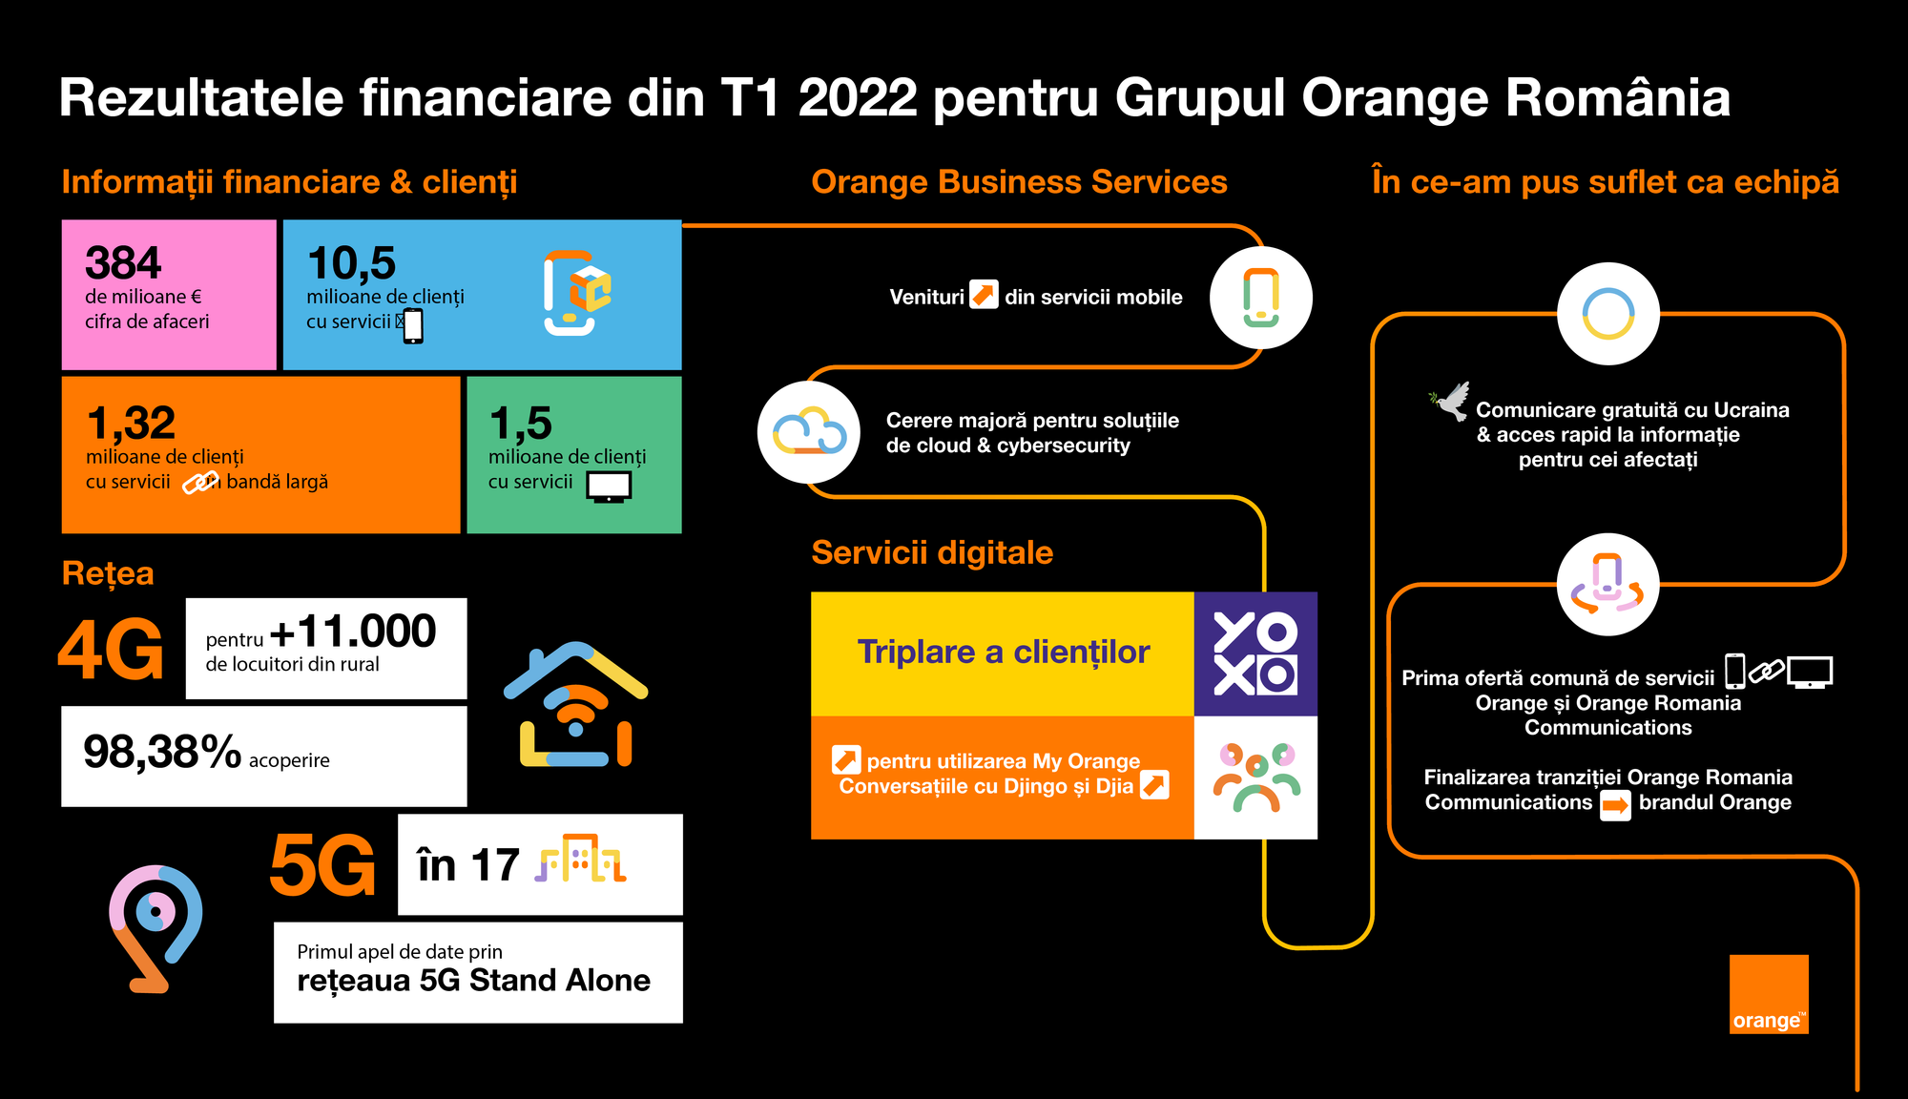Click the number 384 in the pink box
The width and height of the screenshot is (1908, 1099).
(x=123, y=263)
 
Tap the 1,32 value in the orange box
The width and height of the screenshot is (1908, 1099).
(x=131, y=424)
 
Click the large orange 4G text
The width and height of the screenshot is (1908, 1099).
(x=111, y=650)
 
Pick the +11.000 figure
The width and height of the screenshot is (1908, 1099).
(x=353, y=632)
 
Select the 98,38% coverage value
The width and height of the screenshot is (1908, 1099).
(x=162, y=753)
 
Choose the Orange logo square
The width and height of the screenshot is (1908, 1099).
(x=1769, y=994)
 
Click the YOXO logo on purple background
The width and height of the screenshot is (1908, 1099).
(x=1255, y=653)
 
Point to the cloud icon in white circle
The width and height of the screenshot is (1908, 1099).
(x=809, y=432)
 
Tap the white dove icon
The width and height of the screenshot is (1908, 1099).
(x=1450, y=402)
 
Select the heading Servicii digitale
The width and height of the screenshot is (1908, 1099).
(x=932, y=552)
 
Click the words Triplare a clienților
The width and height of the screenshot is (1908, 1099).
(x=1004, y=653)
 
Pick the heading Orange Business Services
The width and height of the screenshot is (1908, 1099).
(x=1019, y=181)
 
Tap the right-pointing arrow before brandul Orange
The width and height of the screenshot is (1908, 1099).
(x=1615, y=804)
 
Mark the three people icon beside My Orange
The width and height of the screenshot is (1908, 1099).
(x=1256, y=777)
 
